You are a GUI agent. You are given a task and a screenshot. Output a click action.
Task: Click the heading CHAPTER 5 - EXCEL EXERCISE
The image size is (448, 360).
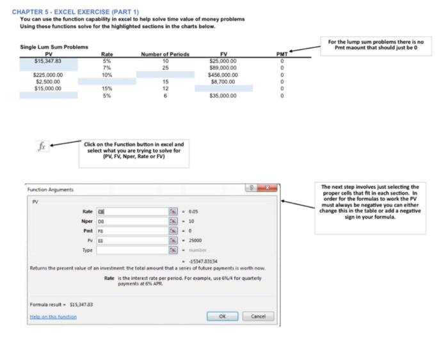coord(75,12)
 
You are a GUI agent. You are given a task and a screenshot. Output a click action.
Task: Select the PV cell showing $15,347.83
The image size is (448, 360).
coord(48,61)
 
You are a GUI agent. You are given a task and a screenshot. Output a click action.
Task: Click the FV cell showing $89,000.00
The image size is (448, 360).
coord(223,67)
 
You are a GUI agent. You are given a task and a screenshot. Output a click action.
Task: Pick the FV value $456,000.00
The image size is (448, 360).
coord(223,74)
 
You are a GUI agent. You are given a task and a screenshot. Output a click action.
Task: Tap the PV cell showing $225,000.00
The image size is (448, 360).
coord(48,74)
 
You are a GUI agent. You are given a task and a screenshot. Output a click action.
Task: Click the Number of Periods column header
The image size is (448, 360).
coord(165,54)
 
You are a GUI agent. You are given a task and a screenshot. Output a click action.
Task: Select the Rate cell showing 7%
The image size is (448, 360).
coord(107,67)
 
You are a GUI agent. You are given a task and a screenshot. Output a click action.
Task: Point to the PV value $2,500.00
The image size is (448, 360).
coord(48,81)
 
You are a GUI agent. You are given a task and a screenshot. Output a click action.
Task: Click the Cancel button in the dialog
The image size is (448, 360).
coord(258,316)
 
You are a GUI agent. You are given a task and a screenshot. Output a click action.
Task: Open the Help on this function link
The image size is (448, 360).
coord(53,316)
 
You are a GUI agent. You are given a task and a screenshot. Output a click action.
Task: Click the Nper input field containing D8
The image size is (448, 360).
coord(131,220)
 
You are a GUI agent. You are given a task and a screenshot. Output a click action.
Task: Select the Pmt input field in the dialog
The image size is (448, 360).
coord(131,230)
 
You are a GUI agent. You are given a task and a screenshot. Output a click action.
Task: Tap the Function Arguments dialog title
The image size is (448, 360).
coord(51,190)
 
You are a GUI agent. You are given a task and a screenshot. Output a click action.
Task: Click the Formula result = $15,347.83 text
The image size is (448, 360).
coord(61,304)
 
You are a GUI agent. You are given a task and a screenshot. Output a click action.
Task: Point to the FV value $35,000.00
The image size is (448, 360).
coord(223,95)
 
